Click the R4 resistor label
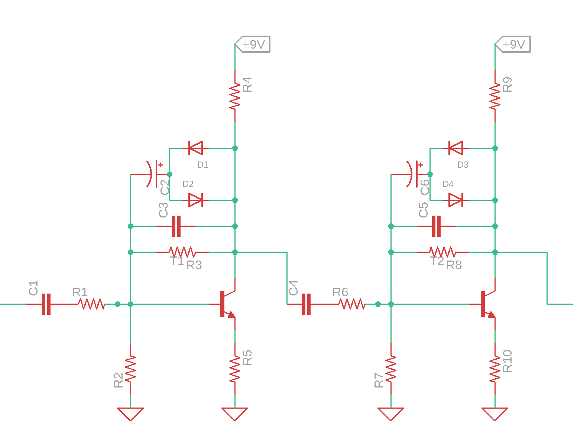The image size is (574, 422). [247, 84]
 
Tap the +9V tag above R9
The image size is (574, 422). [513, 44]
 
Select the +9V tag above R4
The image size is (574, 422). [253, 44]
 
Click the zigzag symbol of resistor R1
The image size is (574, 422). [91, 304]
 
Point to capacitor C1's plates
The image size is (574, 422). [46, 304]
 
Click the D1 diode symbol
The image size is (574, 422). [195, 148]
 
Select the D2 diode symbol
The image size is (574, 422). [195, 200]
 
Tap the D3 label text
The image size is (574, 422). [463, 165]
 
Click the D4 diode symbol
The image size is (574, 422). [455, 200]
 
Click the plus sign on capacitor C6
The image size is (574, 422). [421, 165]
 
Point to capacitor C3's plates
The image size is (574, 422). [176, 226]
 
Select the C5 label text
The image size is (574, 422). [423, 210]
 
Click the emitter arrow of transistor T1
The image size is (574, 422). [231, 314]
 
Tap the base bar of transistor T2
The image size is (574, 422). [483, 304]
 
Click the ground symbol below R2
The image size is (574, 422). [130, 414]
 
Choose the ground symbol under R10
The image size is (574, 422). [495, 414]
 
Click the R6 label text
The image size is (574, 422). [340, 292]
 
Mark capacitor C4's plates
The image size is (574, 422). [306, 304]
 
